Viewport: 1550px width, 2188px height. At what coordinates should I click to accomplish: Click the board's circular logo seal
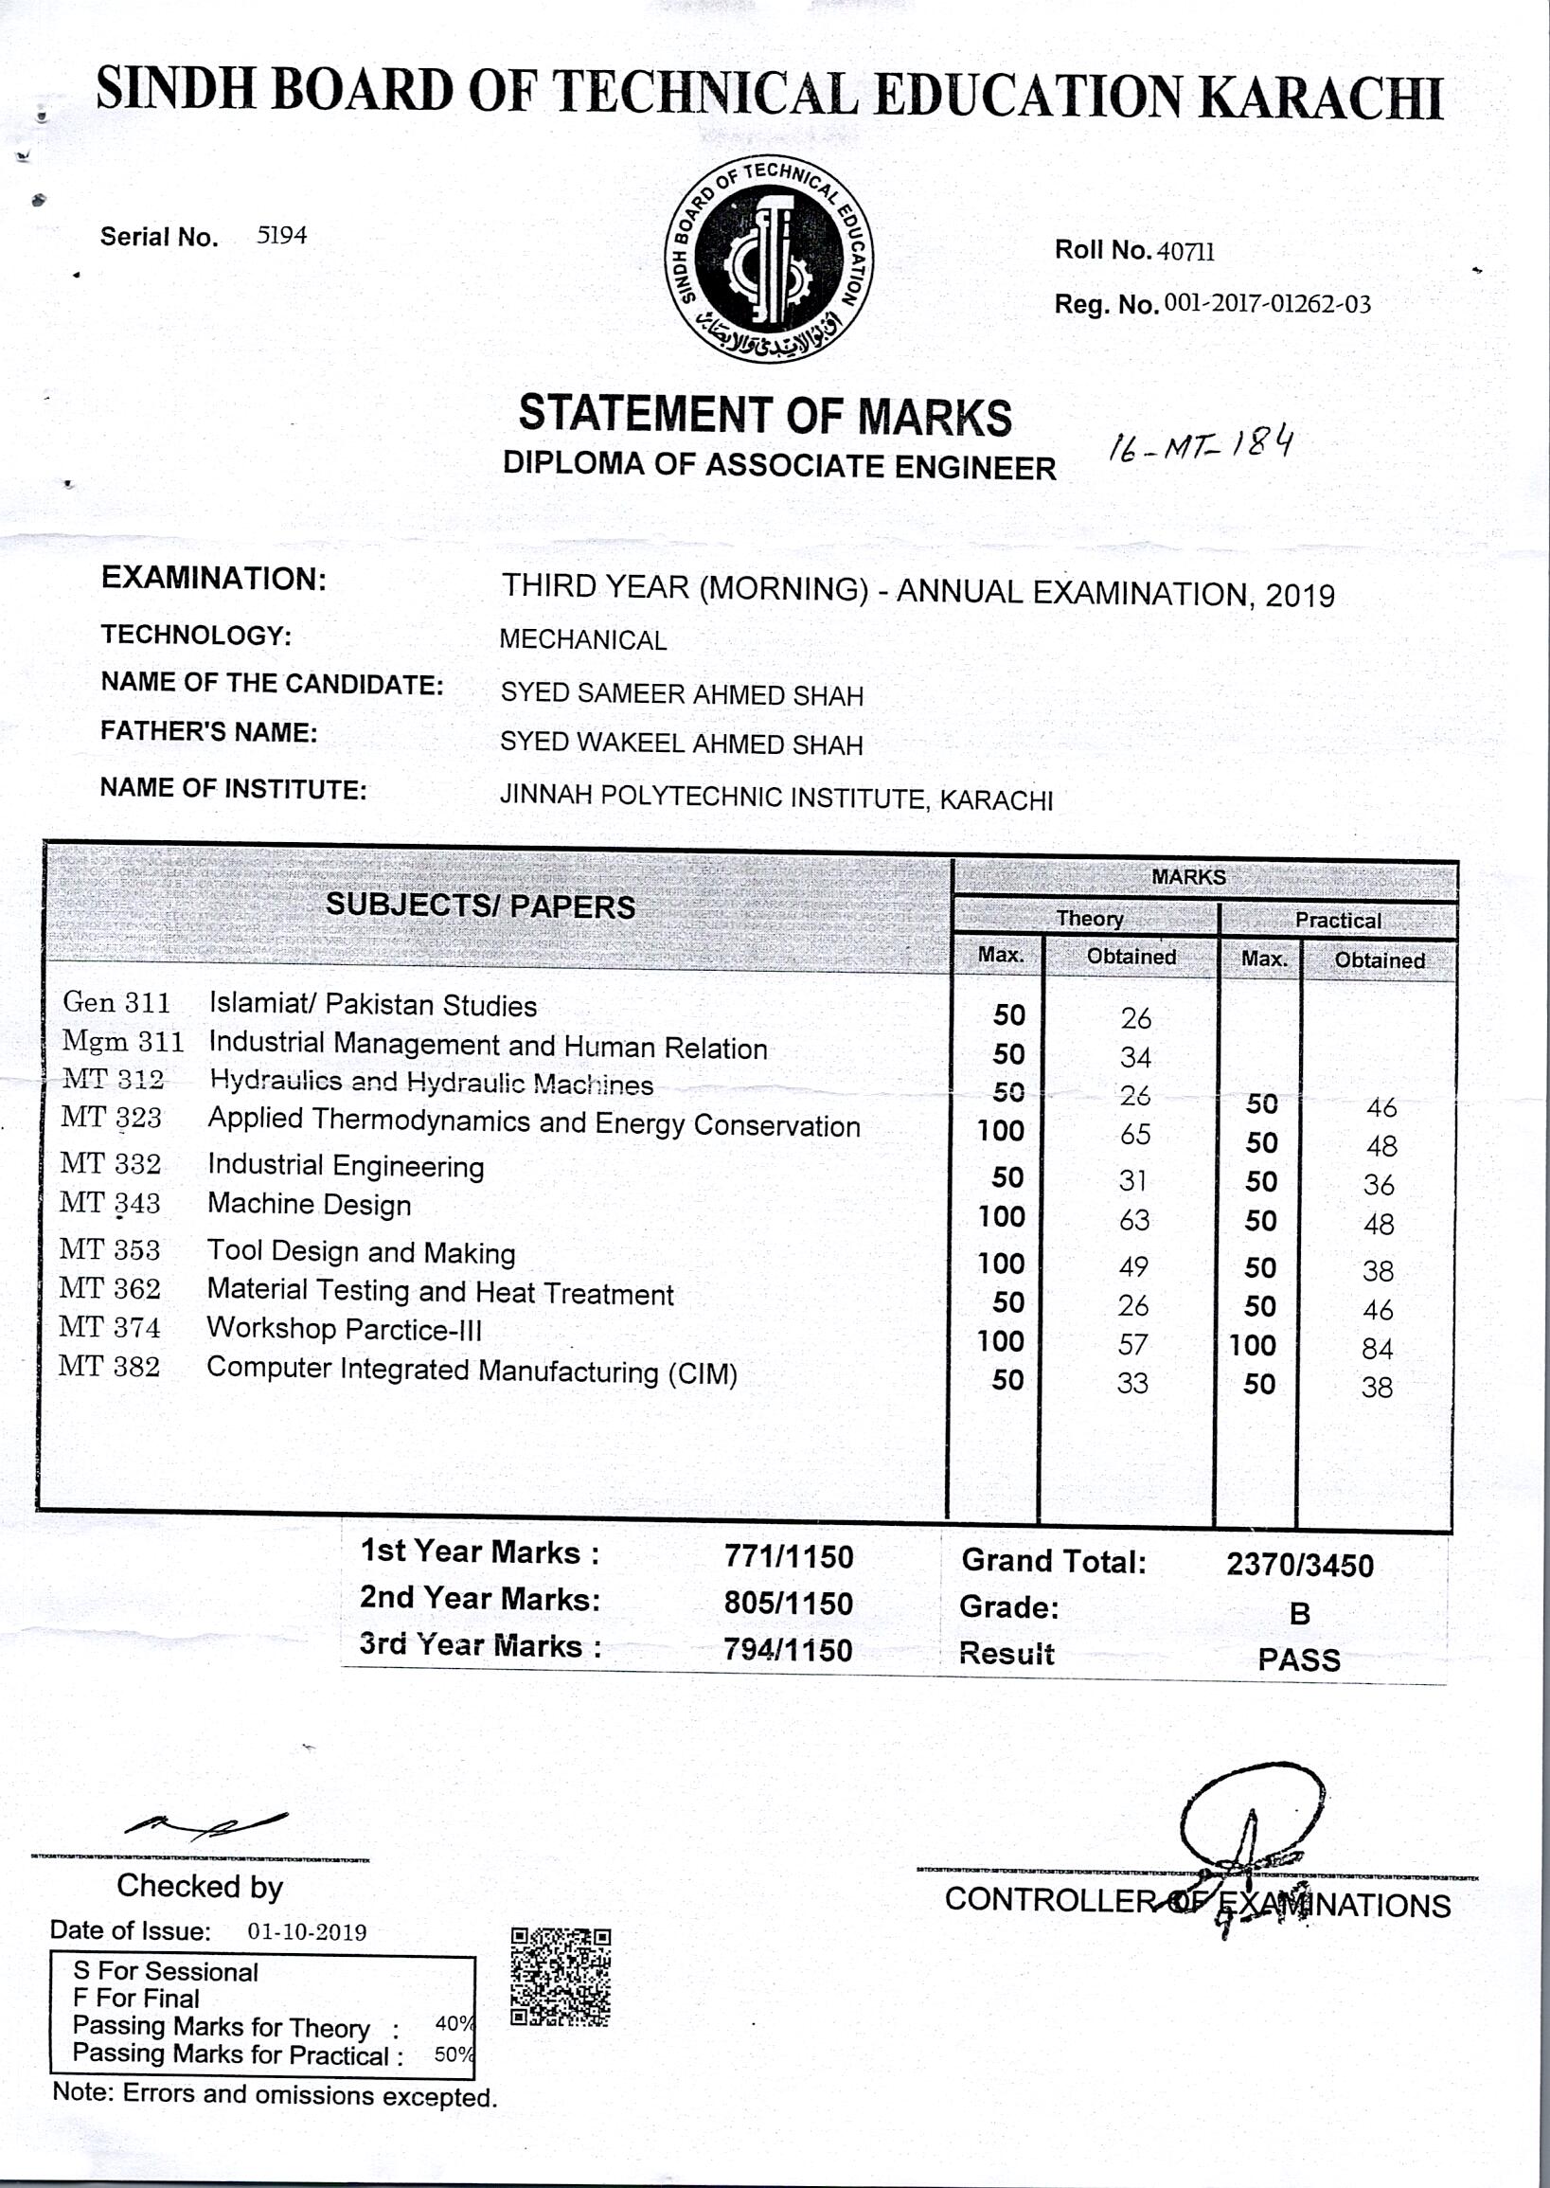point(768,259)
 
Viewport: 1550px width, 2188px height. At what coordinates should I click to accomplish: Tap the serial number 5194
point(281,235)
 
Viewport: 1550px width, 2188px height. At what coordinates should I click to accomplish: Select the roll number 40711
point(1185,251)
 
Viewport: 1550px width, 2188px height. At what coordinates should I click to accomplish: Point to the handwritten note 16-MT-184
point(1200,445)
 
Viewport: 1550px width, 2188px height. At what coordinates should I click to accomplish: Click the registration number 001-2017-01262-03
point(1268,305)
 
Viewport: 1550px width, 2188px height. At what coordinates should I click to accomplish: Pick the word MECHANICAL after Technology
point(582,639)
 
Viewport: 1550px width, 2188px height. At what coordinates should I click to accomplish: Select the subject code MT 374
point(109,1327)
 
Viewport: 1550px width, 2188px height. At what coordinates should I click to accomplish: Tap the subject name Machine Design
point(310,1205)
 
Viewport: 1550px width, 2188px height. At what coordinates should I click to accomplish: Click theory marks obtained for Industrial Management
point(1135,1057)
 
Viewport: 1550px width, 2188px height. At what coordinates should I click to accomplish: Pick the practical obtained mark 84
point(1377,1348)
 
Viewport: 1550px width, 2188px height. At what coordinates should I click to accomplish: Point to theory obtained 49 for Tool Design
point(1133,1266)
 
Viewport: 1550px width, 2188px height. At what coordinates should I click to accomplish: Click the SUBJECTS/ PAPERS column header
point(480,905)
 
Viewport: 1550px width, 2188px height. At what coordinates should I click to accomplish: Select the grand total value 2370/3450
point(1299,1566)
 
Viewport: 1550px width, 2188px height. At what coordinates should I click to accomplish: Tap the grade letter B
point(1299,1613)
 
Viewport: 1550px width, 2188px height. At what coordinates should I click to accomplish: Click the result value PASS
point(1299,1660)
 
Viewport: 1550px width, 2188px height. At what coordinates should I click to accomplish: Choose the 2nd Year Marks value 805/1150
point(788,1604)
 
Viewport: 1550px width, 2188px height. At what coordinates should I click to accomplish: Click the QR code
point(561,1977)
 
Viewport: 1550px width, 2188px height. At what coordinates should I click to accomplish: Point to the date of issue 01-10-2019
point(308,1932)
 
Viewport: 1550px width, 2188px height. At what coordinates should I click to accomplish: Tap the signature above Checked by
point(205,1825)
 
